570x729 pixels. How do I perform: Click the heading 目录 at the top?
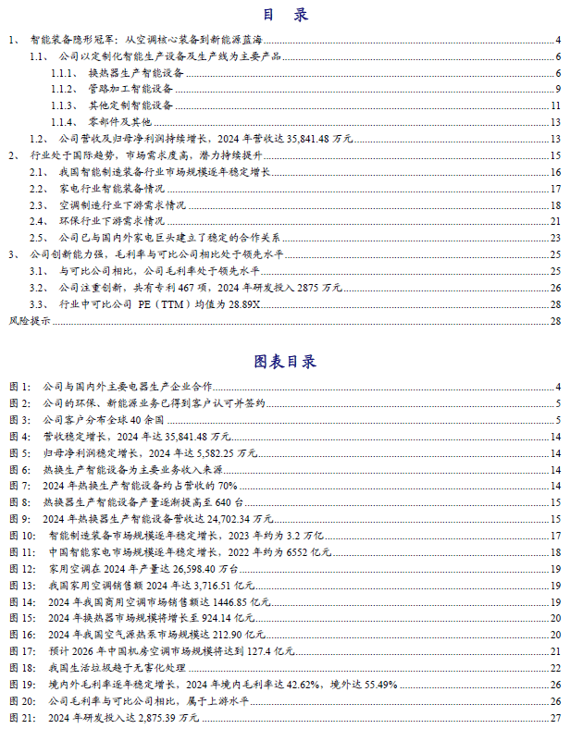(x=284, y=16)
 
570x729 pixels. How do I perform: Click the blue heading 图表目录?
(x=285, y=361)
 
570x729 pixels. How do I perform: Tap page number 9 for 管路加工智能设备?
(x=558, y=89)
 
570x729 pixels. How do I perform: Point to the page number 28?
(x=555, y=321)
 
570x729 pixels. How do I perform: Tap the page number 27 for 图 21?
(x=555, y=717)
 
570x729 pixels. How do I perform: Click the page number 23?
(x=555, y=238)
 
